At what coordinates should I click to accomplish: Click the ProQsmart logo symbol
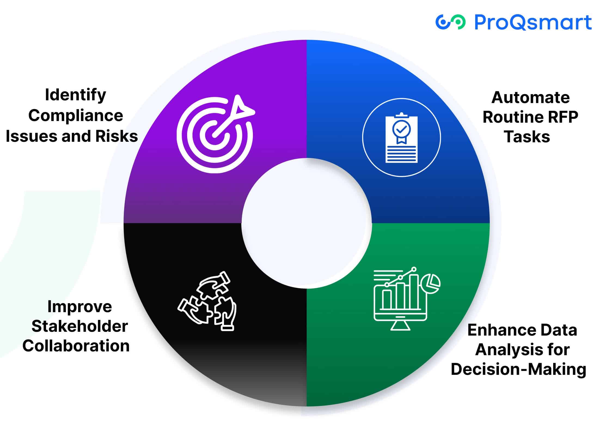450,22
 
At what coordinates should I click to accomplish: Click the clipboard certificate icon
402,137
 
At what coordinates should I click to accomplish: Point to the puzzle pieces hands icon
207,301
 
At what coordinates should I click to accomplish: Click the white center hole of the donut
307,223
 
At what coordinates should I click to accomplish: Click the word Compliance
76,116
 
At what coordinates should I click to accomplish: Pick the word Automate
530,97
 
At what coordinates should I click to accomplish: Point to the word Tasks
527,136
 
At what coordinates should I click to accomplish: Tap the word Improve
79,307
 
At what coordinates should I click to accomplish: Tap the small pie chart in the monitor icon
430,284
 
